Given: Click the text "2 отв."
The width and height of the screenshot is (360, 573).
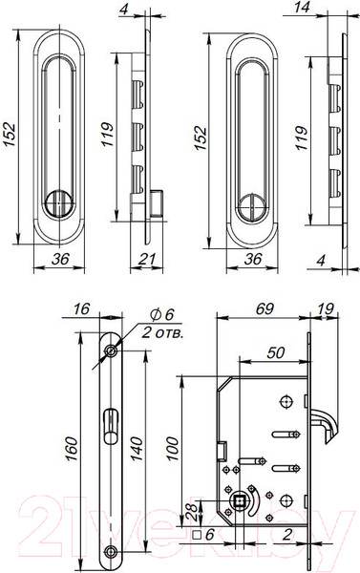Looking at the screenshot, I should tap(160, 333).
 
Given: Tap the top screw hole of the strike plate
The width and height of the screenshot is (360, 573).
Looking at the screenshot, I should tap(113, 353).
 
